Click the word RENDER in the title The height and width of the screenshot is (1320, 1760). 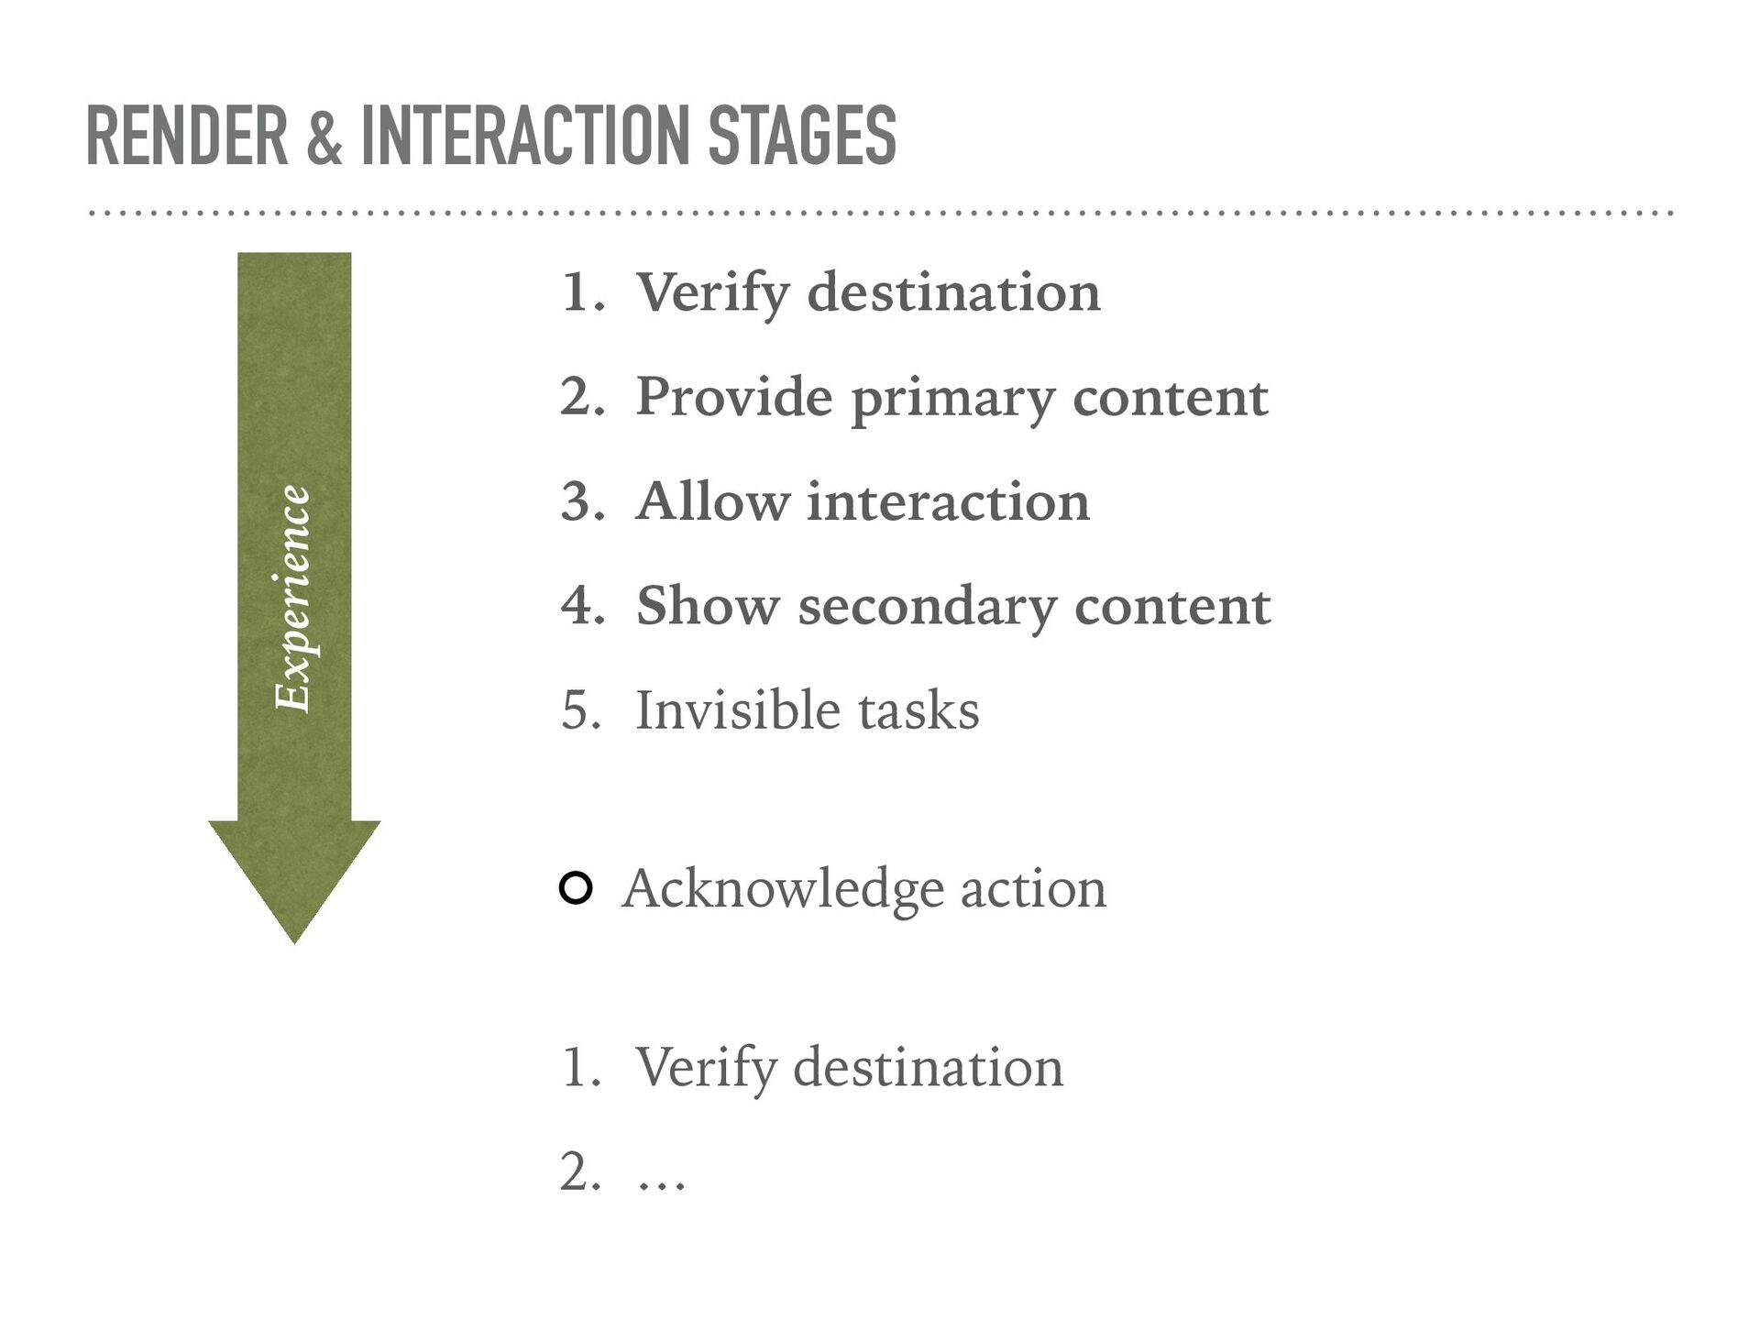[x=187, y=136]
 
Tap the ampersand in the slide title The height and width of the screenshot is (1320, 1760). [x=324, y=137]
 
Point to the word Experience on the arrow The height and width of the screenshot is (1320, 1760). [x=293, y=598]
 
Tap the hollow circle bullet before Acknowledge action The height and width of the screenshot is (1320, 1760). [x=575, y=888]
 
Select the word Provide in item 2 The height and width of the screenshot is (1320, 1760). [x=734, y=396]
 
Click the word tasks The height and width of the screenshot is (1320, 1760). [x=918, y=711]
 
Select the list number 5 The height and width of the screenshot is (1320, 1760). [x=581, y=710]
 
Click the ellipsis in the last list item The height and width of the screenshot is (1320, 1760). [x=661, y=1185]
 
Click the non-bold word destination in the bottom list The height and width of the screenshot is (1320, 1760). [x=928, y=1067]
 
